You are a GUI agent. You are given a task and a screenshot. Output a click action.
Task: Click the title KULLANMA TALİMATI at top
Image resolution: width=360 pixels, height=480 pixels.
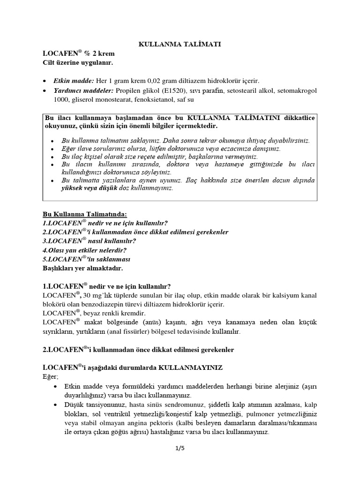pos(180,44)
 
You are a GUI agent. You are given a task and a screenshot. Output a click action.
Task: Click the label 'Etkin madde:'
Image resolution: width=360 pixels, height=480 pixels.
pos(74,81)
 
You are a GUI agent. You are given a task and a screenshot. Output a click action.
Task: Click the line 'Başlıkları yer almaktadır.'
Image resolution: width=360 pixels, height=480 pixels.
pos(82,268)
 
